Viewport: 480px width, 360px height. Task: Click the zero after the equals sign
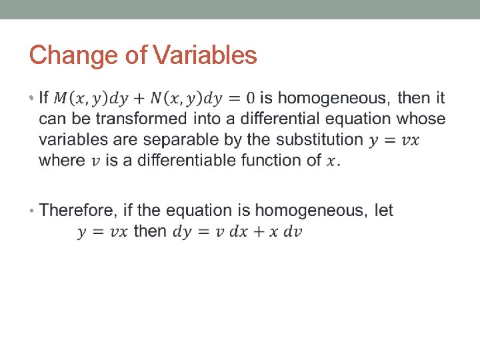[250, 99]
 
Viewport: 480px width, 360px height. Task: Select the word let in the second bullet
[384, 211]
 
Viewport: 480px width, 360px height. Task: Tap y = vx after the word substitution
[394, 140]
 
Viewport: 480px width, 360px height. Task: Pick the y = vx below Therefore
[103, 232]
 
